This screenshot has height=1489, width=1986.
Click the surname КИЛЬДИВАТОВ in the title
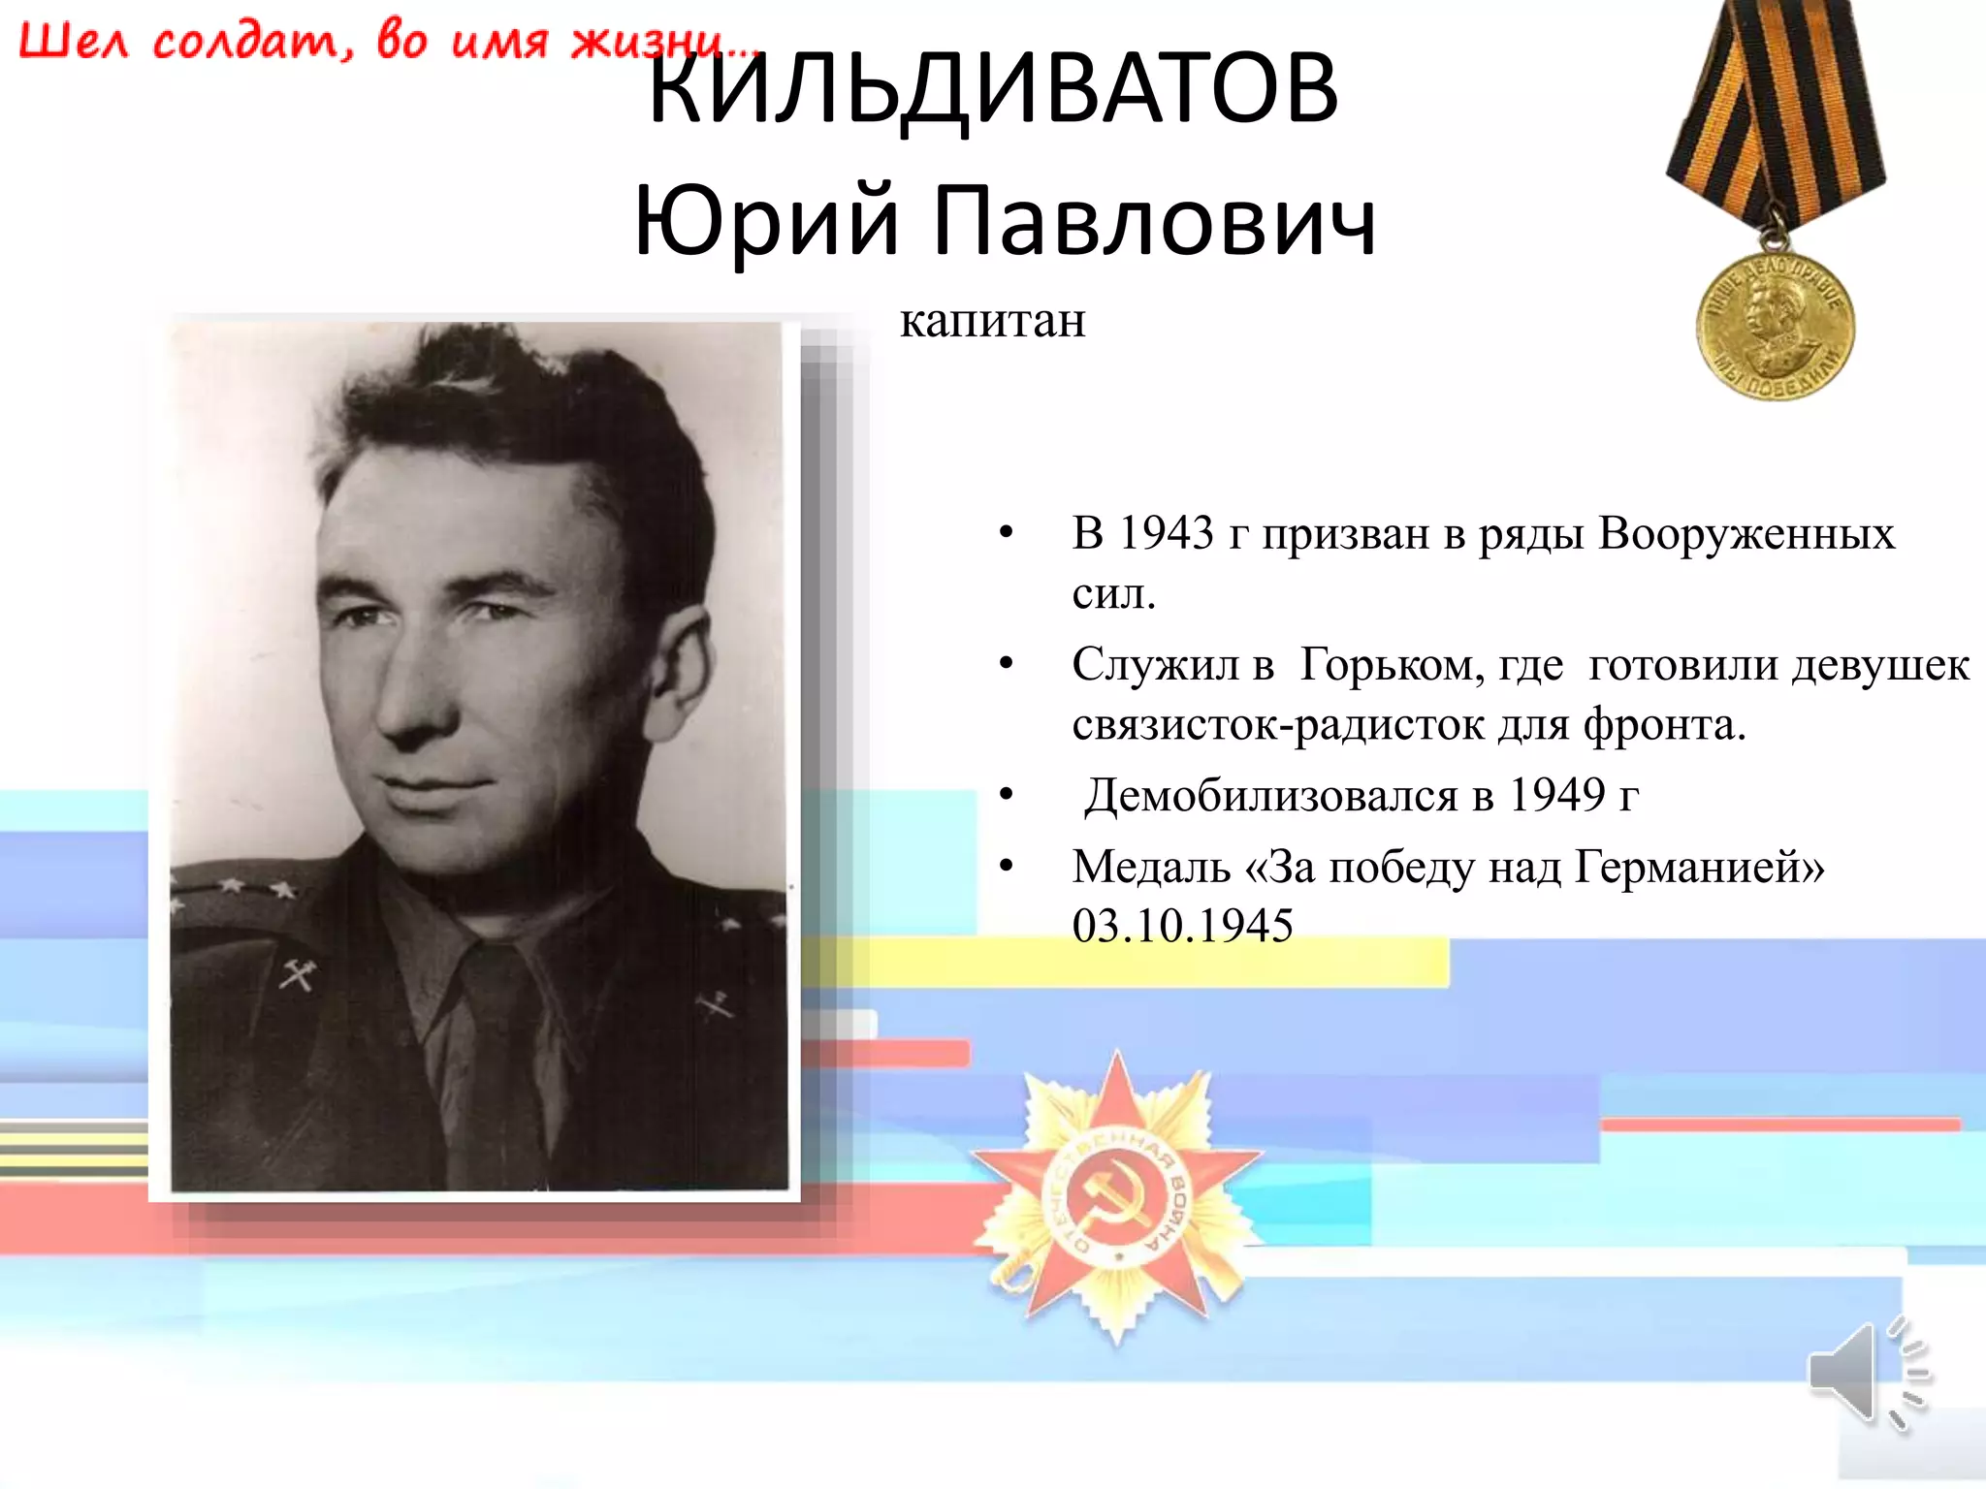pyautogui.click(x=993, y=89)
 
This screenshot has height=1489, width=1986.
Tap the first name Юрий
pyautogui.click(x=766, y=221)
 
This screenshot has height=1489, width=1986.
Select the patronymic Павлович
pyautogui.click(x=1154, y=221)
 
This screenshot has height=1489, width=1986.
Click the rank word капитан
pyautogui.click(x=992, y=321)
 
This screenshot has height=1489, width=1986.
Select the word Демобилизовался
pyautogui.click(x=1270, y=796)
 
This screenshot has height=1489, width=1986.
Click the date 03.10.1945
pyautogui.click(x=1182, y=926)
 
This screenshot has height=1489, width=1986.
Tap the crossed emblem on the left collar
pyautogui.click(x=297, y=974)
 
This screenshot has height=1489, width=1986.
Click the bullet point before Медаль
pyautogui.click(x=1006, y=866)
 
